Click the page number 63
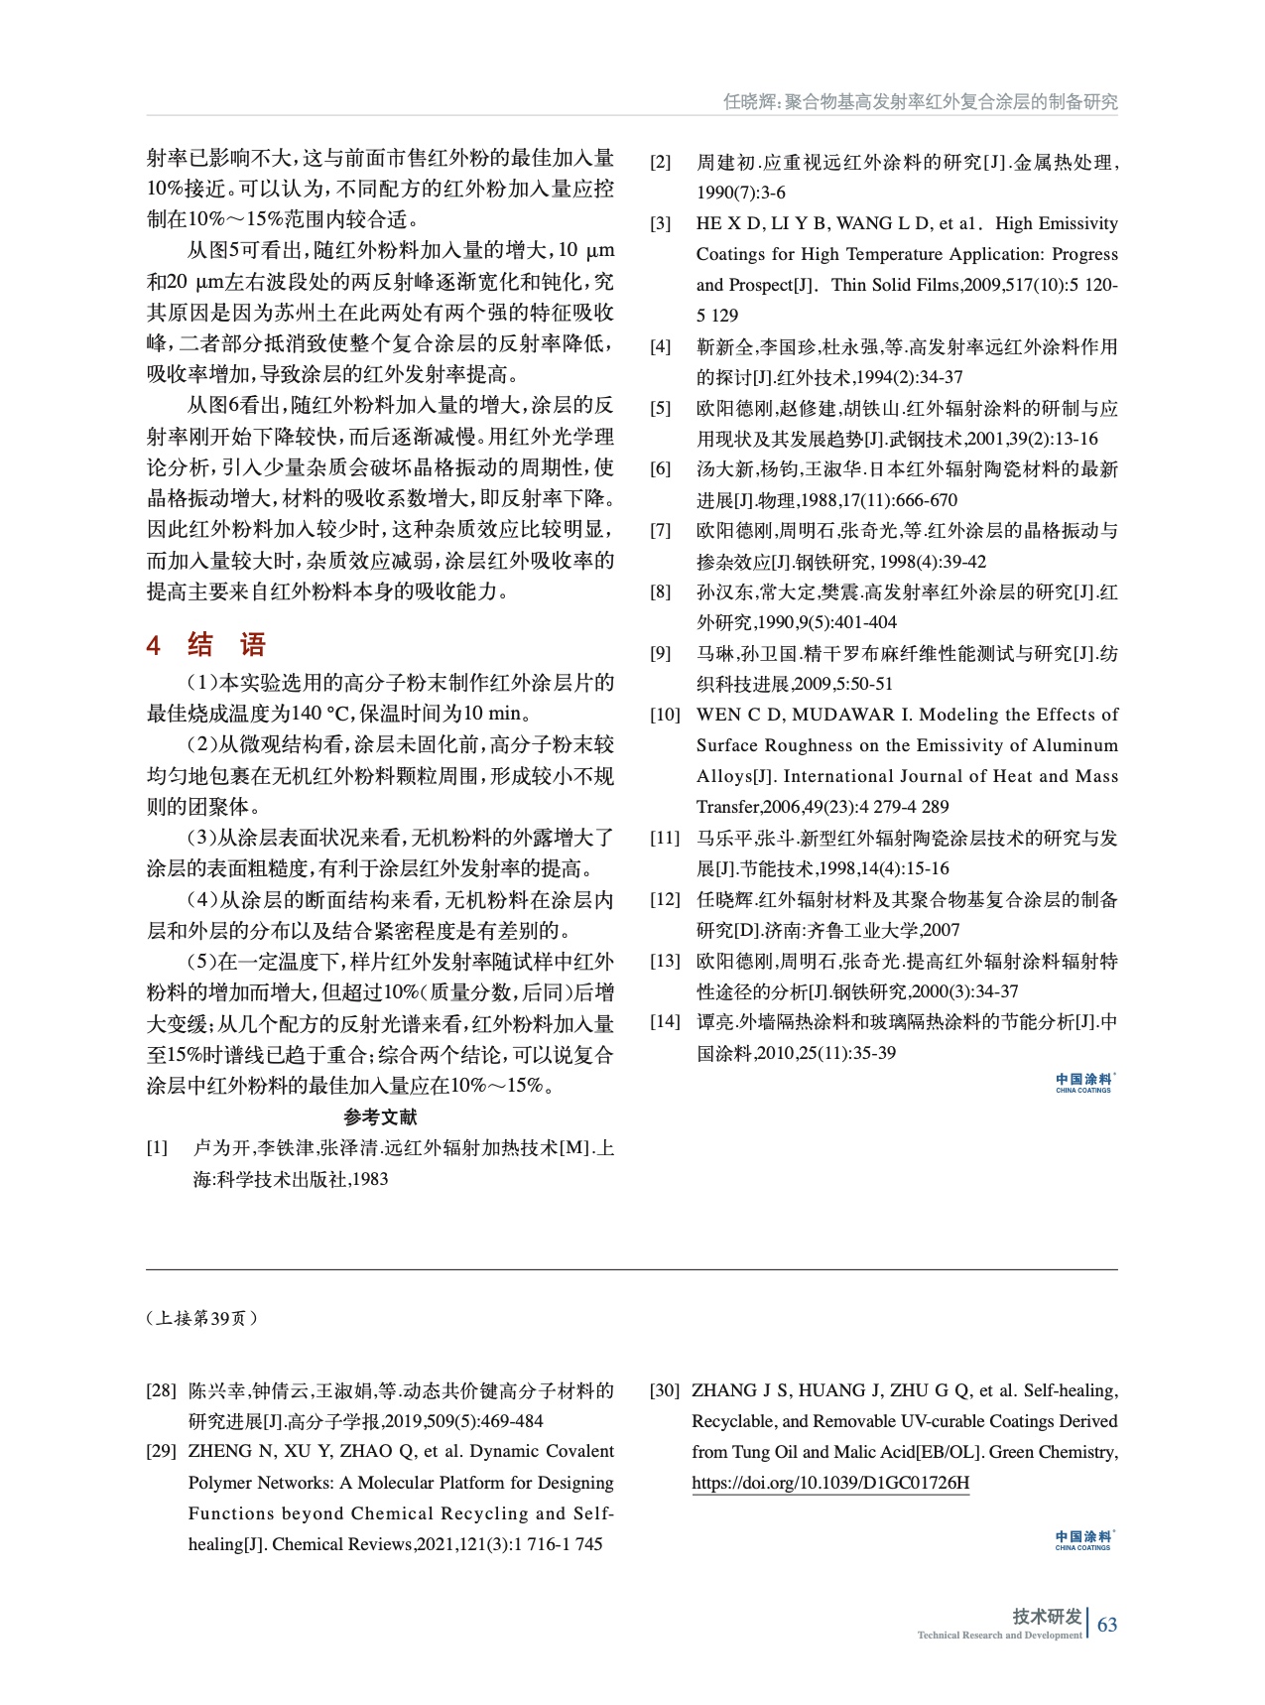1107,1625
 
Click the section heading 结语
227,645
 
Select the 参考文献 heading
380,1117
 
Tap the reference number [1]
158,1148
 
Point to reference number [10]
665,715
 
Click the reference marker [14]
665,1021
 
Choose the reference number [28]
161,1390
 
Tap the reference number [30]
665,1390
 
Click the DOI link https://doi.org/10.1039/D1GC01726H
830,1484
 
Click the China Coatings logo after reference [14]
1083,1082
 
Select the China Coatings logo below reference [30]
1083,1540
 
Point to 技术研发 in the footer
1047,1617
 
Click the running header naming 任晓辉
920,102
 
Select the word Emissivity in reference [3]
1076,223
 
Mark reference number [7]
661,531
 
